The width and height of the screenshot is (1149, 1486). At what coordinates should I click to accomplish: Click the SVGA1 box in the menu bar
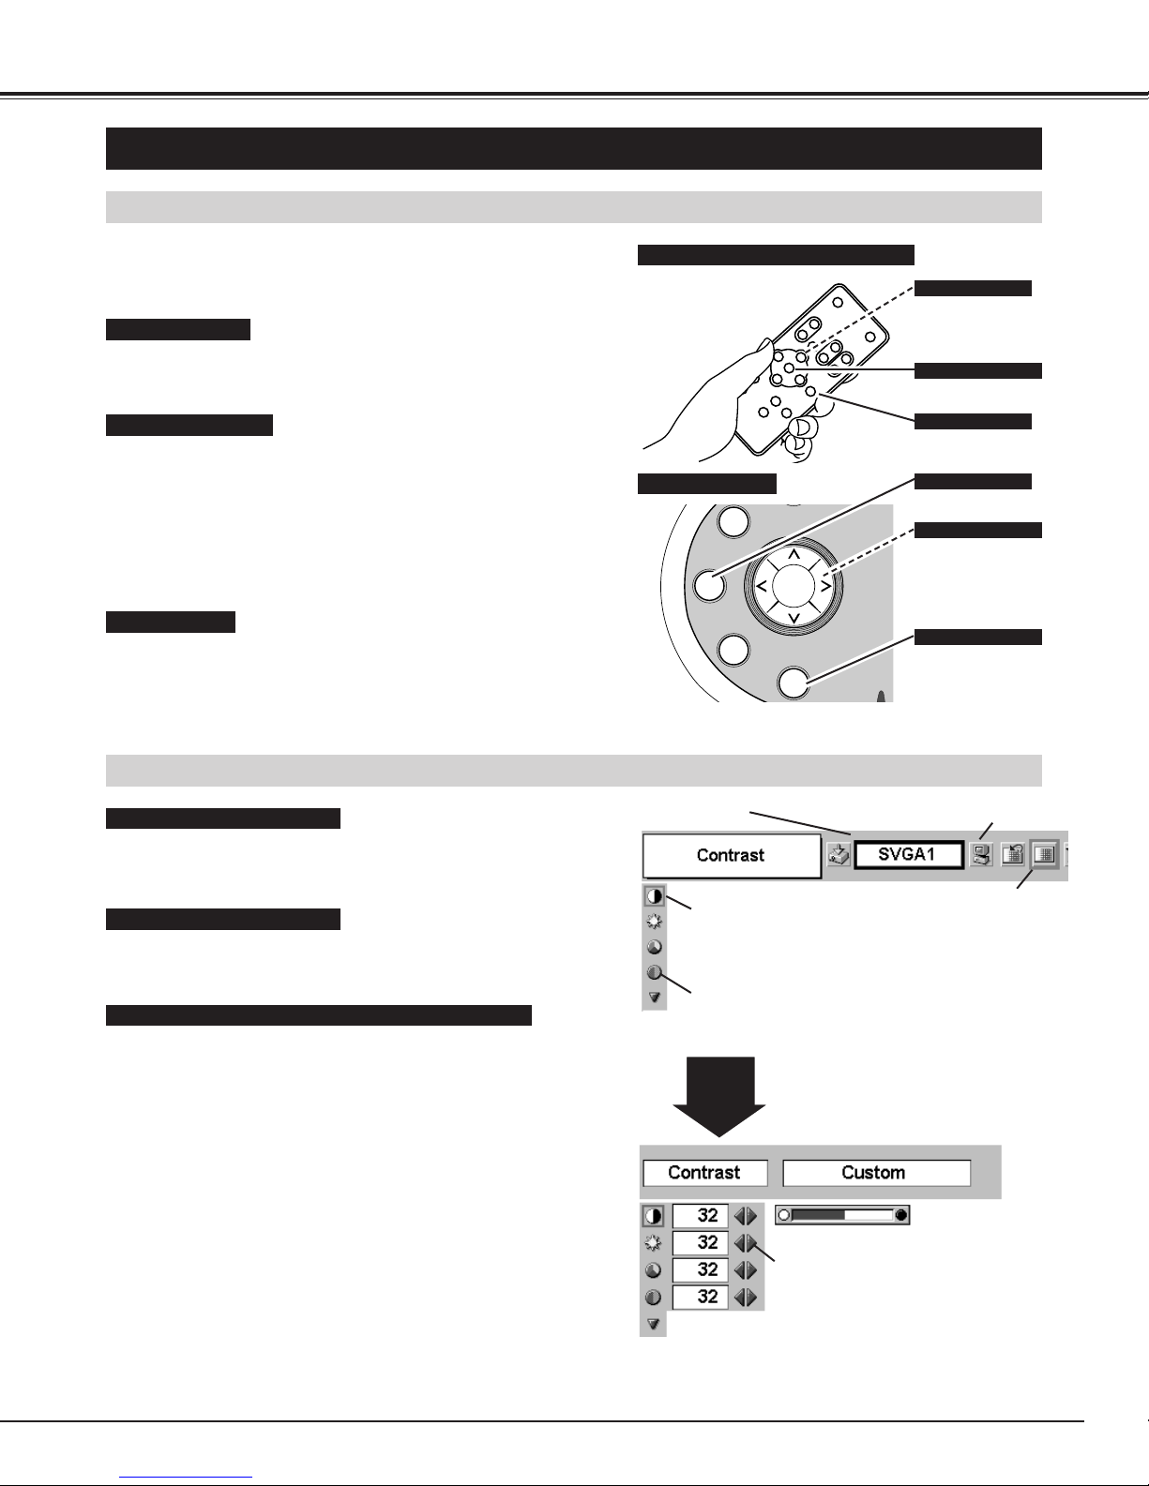(x=909, y=855)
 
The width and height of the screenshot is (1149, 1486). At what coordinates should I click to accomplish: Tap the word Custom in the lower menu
(x=872, y=1172)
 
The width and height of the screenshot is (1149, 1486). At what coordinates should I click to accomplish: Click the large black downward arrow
(x=718, y=1096)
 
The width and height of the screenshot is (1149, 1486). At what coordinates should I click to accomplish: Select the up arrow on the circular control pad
(x=794, y=554)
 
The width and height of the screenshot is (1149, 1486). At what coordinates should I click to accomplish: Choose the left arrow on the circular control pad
(x=761, y=586)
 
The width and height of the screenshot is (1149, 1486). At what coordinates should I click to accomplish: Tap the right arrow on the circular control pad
(x=826, y=586)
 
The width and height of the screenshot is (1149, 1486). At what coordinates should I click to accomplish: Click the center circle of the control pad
(x=794, y=586)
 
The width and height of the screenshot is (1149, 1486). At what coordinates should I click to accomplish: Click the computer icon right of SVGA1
(x=981, y=855)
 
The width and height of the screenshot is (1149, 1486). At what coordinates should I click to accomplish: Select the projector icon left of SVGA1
(x=838, y=855)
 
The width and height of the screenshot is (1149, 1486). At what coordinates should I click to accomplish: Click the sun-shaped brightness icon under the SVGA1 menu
(x=654, y=922)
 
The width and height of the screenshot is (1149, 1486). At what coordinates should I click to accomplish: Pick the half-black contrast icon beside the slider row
(x=653, y=1216)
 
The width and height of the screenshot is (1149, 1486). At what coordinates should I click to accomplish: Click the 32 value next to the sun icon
(x=707, y=1242)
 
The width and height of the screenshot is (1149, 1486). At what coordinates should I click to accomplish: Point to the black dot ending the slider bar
(x=900, y=1215)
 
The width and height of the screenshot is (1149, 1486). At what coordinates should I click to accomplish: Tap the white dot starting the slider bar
(x=784, y=1215)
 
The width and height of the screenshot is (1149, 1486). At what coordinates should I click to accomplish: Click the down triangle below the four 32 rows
(x=653, y=1325)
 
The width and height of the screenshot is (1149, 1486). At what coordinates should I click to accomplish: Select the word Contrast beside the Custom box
(x=703, y=1172)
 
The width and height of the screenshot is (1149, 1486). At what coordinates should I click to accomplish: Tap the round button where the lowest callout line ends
(x=794, y=683)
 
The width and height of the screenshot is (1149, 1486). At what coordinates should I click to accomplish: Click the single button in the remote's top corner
(x=838, y=302)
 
